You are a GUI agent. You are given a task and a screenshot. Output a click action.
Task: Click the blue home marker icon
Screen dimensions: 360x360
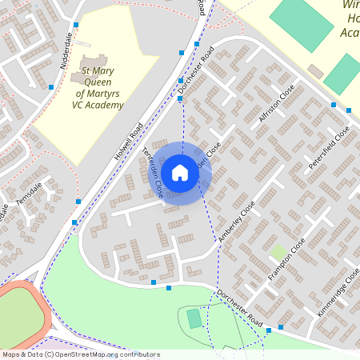click(x=180, y=173)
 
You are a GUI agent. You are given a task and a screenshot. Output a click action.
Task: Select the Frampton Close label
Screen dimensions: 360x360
click(x=286, y=259)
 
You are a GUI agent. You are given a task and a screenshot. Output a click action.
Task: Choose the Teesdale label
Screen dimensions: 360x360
click(x=38, y=194)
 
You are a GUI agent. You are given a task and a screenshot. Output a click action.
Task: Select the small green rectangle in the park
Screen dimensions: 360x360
click(x=194, y=318)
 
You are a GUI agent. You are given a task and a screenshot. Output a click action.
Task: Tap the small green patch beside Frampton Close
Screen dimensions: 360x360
click(x=277, y=253)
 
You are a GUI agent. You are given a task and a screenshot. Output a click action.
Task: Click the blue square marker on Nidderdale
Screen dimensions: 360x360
click(x=51, y=86)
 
